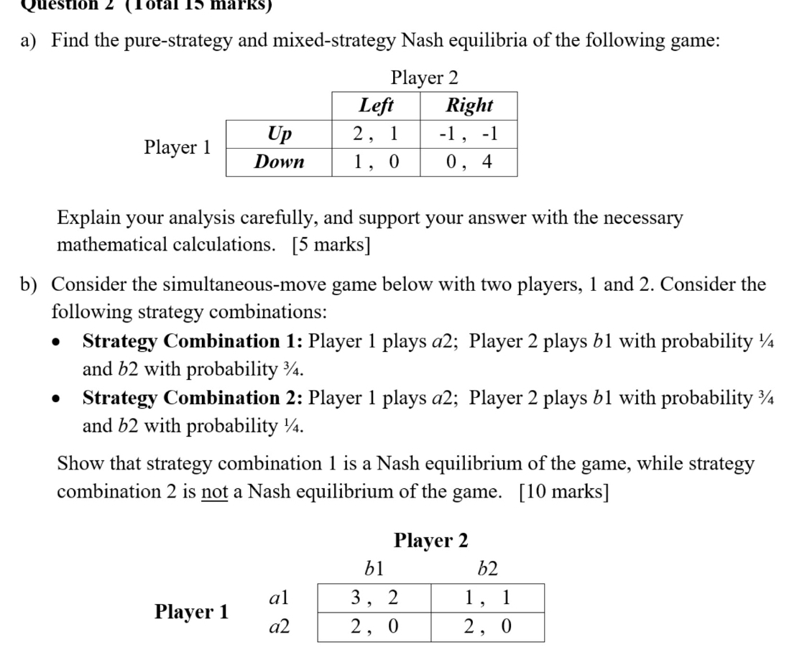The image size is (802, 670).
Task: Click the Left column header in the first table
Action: pyautogui.click(x=376, y=106)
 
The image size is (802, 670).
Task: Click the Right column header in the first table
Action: pyautogui.click(x=469, y=106)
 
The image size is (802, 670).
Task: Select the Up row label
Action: pyautogui.click(x=279, y=134)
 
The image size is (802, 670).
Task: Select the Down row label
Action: pyautogui.click(x=279, y=162)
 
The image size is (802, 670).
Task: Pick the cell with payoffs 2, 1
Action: pyautogui.click(x=376, y=134)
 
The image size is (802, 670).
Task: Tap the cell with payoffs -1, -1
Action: pyautogui.click(x=469, y=134)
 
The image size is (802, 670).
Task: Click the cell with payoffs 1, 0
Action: pyautogui.click(x=376, y=162)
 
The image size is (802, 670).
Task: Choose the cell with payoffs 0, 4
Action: pyautogui.click(x=469, y=162)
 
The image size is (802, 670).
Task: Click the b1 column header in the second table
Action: pyautogui.click(x=374, y=570)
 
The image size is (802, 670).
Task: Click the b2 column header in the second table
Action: pyautogui.click(x=488, y=570)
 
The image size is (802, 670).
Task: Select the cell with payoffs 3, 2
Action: pyautogui.click(x=374, y=597)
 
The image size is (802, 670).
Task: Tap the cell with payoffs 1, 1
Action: pyautogui.click(x=488, y=597)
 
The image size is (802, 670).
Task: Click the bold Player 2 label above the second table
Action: pyautogui.click(x=431, y=539)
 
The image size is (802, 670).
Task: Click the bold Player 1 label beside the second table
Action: pyautogui.click(x=192, y=612)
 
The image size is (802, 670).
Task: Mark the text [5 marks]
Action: pyautogui.click(x=331, y=244)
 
